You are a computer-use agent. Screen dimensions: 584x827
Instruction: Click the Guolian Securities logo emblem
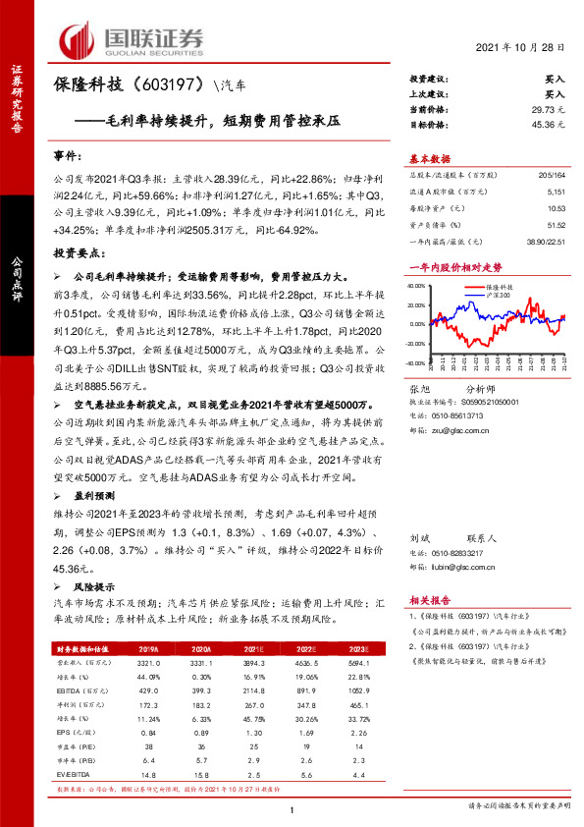coord(80,39)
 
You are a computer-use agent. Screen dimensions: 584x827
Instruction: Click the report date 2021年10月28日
coord(521,47)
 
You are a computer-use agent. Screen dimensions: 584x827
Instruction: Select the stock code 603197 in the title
coord(173,86)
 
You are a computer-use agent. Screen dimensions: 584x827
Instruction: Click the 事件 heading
coord(67,155)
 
